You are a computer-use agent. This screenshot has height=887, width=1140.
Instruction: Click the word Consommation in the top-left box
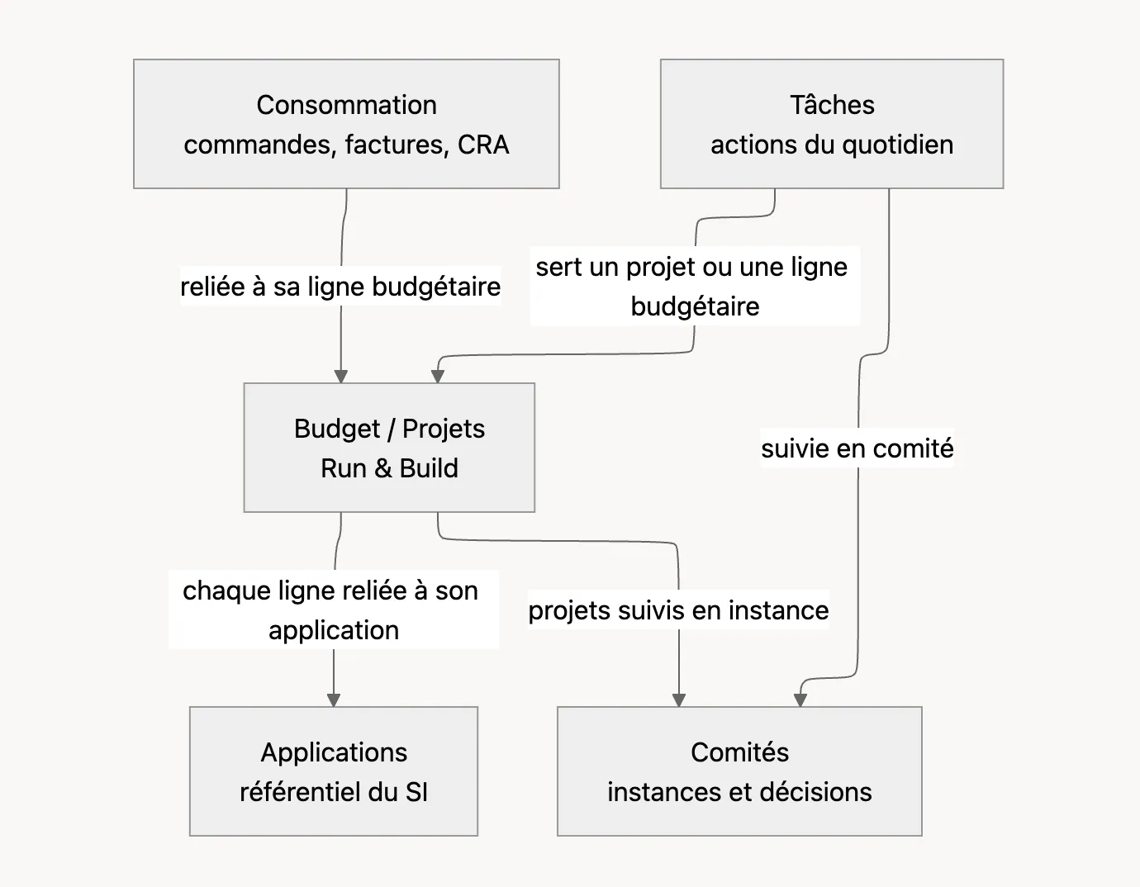click(346, 105)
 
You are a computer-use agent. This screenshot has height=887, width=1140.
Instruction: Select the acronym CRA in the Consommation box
click(483, 145)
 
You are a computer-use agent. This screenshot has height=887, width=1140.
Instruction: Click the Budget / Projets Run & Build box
click(389, 447)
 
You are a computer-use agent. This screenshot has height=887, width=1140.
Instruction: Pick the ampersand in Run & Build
click(383, 468)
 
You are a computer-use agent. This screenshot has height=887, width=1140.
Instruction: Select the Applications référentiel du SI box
click(334, 771)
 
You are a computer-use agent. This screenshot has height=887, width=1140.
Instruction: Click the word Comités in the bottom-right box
click(739, 752)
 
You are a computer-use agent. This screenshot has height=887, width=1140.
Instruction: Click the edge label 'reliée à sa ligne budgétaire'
click(340, 287)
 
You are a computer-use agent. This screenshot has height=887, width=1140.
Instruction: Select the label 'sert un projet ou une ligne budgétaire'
click(695, 287)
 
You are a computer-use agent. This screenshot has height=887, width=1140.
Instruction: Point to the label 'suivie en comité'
click(857, 448)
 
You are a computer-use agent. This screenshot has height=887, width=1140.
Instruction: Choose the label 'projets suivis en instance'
click(678, 610)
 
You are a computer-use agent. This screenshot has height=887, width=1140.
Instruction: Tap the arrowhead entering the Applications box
click(334, 700)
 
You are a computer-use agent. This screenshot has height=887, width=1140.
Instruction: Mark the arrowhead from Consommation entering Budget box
click(341, 377)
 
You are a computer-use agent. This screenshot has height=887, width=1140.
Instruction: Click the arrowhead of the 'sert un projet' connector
click(438, 377)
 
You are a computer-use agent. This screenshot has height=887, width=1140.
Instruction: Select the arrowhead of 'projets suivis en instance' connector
click(679, 700)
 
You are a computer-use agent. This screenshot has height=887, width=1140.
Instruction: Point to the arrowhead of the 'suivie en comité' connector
click(800, 700)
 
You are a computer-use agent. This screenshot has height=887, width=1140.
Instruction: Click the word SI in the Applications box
click(416, 792)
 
